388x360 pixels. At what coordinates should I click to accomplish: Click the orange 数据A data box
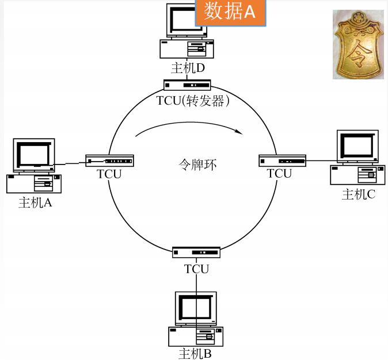[x=231, y=12]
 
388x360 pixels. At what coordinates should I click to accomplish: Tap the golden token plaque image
[x=358, y=44]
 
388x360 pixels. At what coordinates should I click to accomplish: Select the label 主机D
[x=188, y=68]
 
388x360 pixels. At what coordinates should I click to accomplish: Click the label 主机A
[x=35, y=202]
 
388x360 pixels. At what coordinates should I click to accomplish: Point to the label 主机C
[x=359, y=194]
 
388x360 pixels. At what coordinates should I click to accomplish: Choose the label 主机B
[x=195, y=354]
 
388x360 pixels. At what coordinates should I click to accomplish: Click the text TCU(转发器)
[x=193, y=101]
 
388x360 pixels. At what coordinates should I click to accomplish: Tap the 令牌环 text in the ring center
[x=197, y=164]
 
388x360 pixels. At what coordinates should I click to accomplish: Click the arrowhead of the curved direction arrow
[x=239, y=132]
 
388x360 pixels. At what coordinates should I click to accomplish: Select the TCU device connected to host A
[x=109, y=160]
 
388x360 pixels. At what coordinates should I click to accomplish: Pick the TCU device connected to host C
[x=282, y=160]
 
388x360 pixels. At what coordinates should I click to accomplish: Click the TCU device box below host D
[x=187, y=85]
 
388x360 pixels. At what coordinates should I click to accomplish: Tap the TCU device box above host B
[x=196, y=252]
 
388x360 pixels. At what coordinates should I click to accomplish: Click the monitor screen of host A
[x=34, y=155]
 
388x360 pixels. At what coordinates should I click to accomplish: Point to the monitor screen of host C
[x=357, y=147]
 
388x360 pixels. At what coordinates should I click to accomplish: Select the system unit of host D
[x=187, y=49]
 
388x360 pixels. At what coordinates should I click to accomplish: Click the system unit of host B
[x=196, y=336]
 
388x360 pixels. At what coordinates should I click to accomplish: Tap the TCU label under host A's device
[x=109, y=174]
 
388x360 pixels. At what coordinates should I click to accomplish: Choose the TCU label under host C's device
[x=279, y=173]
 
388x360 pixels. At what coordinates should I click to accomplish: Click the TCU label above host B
[x=196, y=269]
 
